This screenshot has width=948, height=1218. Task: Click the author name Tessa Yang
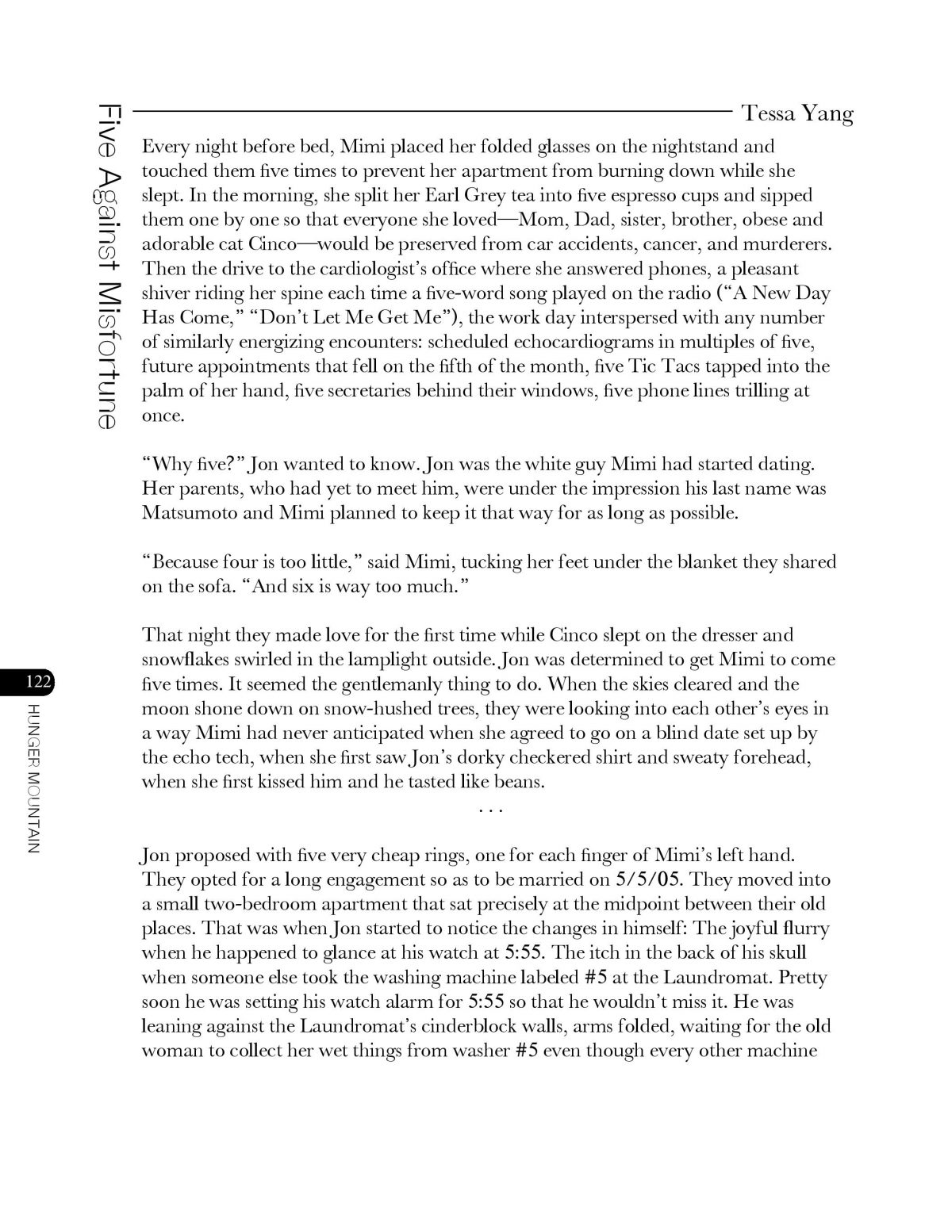[796, 114]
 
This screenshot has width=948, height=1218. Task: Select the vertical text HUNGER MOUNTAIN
[33, 777]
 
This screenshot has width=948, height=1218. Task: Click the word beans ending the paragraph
[518, 782]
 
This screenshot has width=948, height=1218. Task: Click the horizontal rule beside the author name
[432, 112]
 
